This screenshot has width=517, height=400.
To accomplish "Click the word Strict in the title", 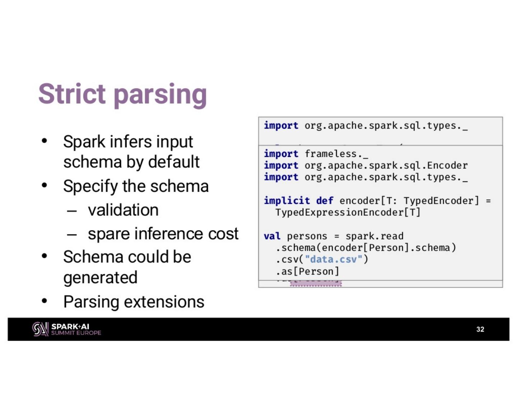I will [72, 94].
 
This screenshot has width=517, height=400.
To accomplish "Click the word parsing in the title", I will [160, 94].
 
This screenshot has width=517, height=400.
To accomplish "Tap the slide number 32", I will [480, 329].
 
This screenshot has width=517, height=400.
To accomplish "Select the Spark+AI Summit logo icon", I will [40, 329].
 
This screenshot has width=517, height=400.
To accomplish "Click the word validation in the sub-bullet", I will [123, 210].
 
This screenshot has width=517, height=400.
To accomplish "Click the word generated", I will [100, 278].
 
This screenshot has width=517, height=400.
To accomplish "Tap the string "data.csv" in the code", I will [334, 259].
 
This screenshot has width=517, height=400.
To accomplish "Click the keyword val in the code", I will [272, 236].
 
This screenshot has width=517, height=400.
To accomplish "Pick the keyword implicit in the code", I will [287, 200].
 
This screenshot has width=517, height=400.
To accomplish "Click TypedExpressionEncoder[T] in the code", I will [348, 212].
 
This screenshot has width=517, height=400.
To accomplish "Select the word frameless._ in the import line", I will [336, 154].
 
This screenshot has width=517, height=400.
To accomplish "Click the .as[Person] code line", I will [307, 271].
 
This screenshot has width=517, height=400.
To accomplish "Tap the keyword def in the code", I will [325, 200].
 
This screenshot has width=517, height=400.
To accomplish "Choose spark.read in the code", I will [374, 236].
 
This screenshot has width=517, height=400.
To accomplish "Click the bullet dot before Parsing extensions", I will [45, 301].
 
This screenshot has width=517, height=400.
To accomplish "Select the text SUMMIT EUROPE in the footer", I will [76, 333].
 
